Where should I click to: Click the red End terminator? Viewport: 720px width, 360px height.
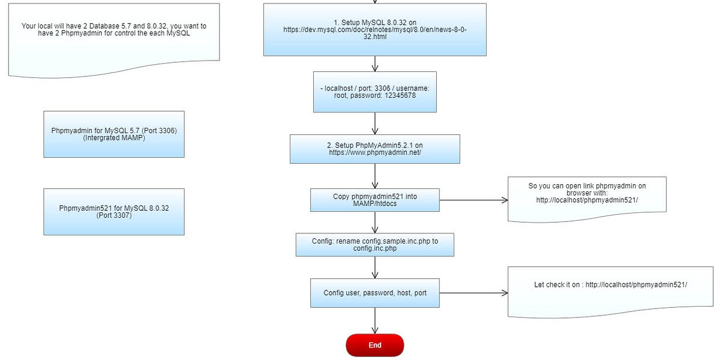point(374,345)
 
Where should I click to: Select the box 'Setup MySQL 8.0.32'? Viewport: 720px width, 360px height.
point(374,29)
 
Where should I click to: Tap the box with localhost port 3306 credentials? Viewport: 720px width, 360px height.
point(374,92)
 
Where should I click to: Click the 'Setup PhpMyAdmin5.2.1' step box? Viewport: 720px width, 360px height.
point(374,149)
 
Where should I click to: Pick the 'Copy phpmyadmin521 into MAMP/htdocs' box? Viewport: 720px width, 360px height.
point(374,200)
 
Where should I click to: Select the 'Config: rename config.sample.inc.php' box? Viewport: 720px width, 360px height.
point(374,245)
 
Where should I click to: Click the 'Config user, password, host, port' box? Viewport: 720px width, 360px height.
point(374,293)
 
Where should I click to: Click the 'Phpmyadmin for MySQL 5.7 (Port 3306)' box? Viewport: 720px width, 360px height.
point(113,134)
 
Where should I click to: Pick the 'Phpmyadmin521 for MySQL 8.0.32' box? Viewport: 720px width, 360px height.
point(113,211)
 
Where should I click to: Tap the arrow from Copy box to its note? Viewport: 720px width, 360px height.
point(474,200)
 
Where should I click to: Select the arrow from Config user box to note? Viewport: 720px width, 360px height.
point(474,293)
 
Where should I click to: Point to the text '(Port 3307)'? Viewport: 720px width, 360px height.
point(114,215)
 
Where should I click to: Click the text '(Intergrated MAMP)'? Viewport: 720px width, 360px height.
point(114,138)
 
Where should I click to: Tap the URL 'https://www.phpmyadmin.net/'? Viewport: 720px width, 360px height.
point(374,152)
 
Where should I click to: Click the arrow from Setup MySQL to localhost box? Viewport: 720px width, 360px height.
point(375,64)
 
